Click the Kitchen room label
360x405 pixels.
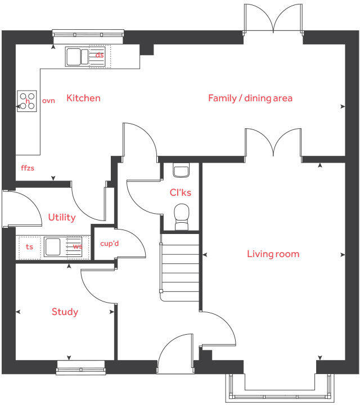click(83, 98)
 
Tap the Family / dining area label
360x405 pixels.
click(250, 98)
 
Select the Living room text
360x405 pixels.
click(273, 254)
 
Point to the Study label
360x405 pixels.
click(65, 312)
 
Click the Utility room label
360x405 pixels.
click(62, 218)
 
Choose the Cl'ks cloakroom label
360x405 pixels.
click(181, 193)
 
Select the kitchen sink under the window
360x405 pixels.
click(77, 56)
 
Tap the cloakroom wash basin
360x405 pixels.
click(181, 170)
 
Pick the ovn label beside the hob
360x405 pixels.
click(49, 101)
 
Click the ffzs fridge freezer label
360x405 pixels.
click(28, 168)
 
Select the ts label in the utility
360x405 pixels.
click(30, 246)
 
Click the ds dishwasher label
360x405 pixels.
click(100, 55)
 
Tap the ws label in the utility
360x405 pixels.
click(78, 246)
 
